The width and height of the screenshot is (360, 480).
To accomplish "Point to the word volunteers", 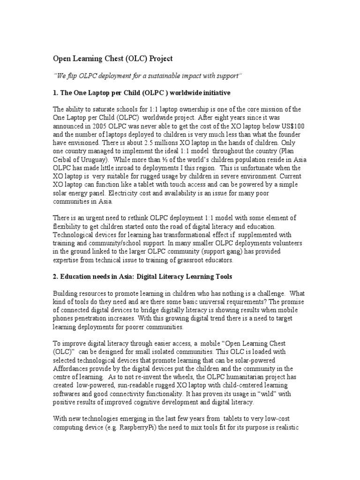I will pyautogui.click(x=270, y=244).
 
